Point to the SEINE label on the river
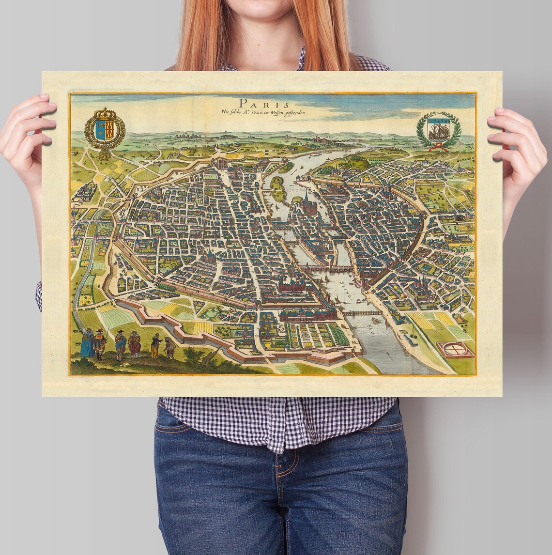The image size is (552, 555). (x=346, y=286)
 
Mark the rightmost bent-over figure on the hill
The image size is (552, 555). (x=169, y=348)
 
